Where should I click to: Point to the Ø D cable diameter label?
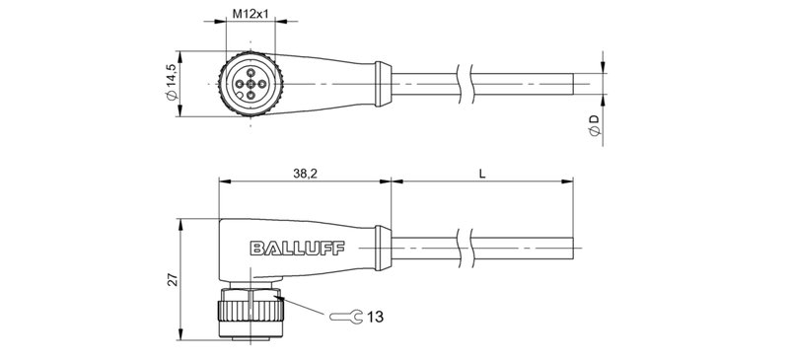pos(593,125)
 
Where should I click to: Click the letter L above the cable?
pos(481,173)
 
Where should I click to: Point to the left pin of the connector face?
pos(240,83)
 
